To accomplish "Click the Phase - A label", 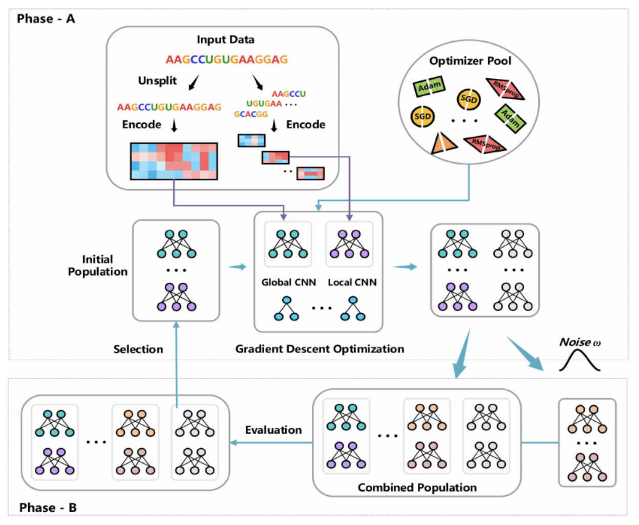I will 46,19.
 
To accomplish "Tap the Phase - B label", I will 48,508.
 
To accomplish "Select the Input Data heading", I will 225,40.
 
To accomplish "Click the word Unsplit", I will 157,81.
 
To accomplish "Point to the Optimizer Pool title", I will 470,61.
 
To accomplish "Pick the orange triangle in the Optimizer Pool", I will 443,144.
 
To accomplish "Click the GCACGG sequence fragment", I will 251,114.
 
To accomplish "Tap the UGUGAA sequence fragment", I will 264,104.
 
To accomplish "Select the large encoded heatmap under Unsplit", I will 174,161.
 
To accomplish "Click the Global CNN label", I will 288,282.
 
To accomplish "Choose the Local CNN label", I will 352,282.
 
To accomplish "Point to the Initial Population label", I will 97,266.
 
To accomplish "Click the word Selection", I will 138,349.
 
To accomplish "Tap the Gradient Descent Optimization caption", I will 319,349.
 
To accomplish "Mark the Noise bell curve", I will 579,360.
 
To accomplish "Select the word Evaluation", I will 273,430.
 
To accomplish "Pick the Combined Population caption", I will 417,488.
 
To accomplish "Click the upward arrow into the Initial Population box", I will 176,358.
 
